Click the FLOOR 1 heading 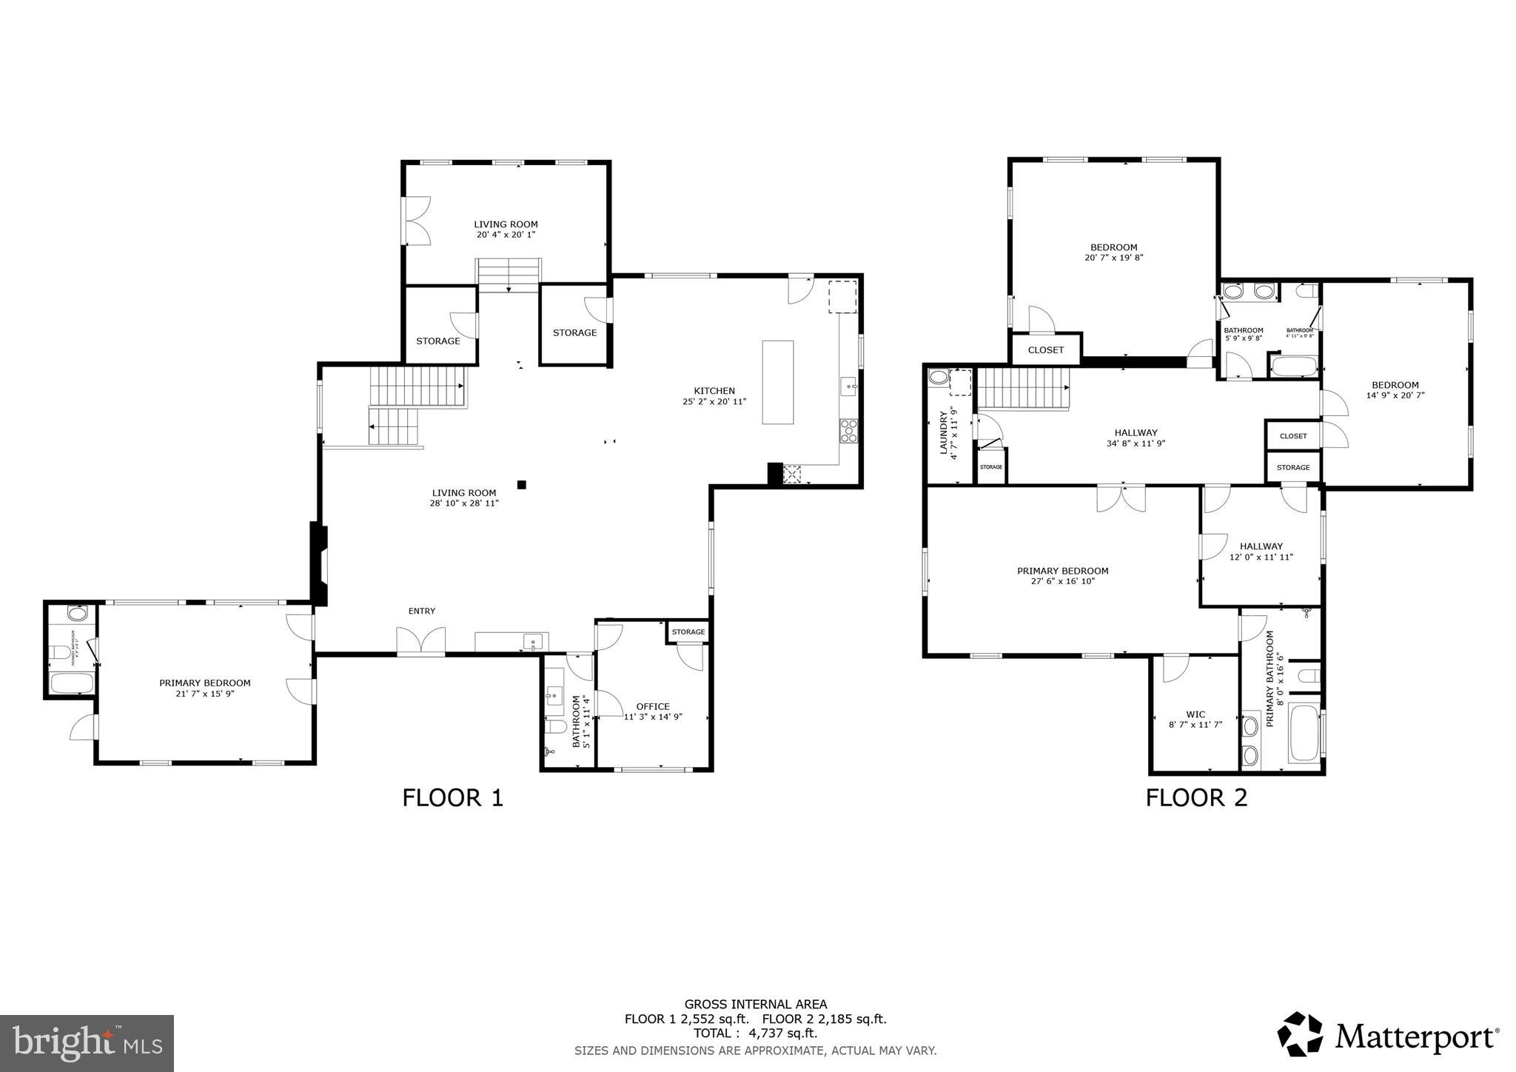[452, 797]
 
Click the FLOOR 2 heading [1196, 797]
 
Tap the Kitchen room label [714, 391]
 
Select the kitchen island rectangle [777, 382]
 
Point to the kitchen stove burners [848, 430]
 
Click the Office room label [652, 706]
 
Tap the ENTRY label [422, 611]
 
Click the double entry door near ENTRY [421, 640]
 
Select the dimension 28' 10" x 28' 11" [464, 503]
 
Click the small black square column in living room [521, 485]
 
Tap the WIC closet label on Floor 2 [1195, 715]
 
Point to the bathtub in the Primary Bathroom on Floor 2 [1304, 733]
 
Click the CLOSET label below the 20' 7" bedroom [1045, 350]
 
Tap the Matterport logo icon [1300, 1034]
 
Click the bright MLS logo [87, 1043]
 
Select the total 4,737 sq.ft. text [755, 1034]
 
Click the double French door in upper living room [418, 221]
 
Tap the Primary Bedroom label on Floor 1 [205, 683]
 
